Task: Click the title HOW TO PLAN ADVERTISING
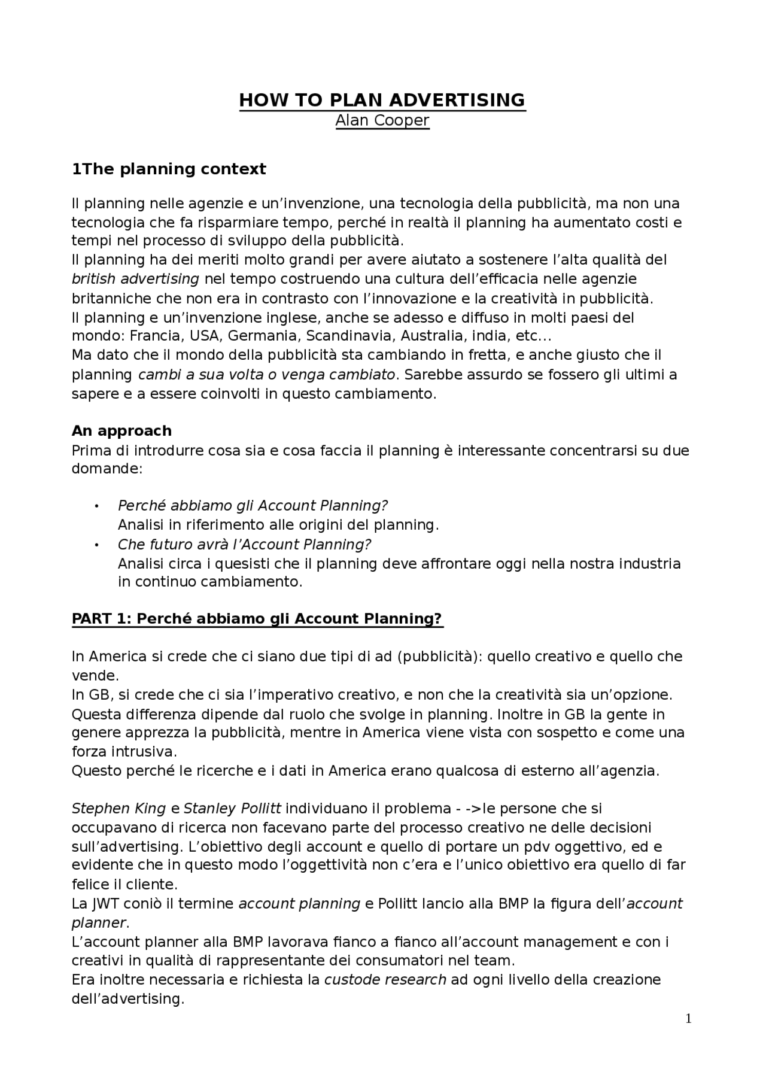(382, 100)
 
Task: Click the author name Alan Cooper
(382, 120)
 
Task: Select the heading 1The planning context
(169, 169)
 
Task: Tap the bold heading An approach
(121, 431)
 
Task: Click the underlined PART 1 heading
(257, 619)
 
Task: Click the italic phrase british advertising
(135, 279)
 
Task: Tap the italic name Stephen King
(118, 809)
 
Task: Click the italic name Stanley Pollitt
(232, 809)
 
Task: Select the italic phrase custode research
(385, 980)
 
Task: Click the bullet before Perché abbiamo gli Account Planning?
(95, 507)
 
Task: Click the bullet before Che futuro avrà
(95, 545)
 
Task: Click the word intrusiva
(145, 752)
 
